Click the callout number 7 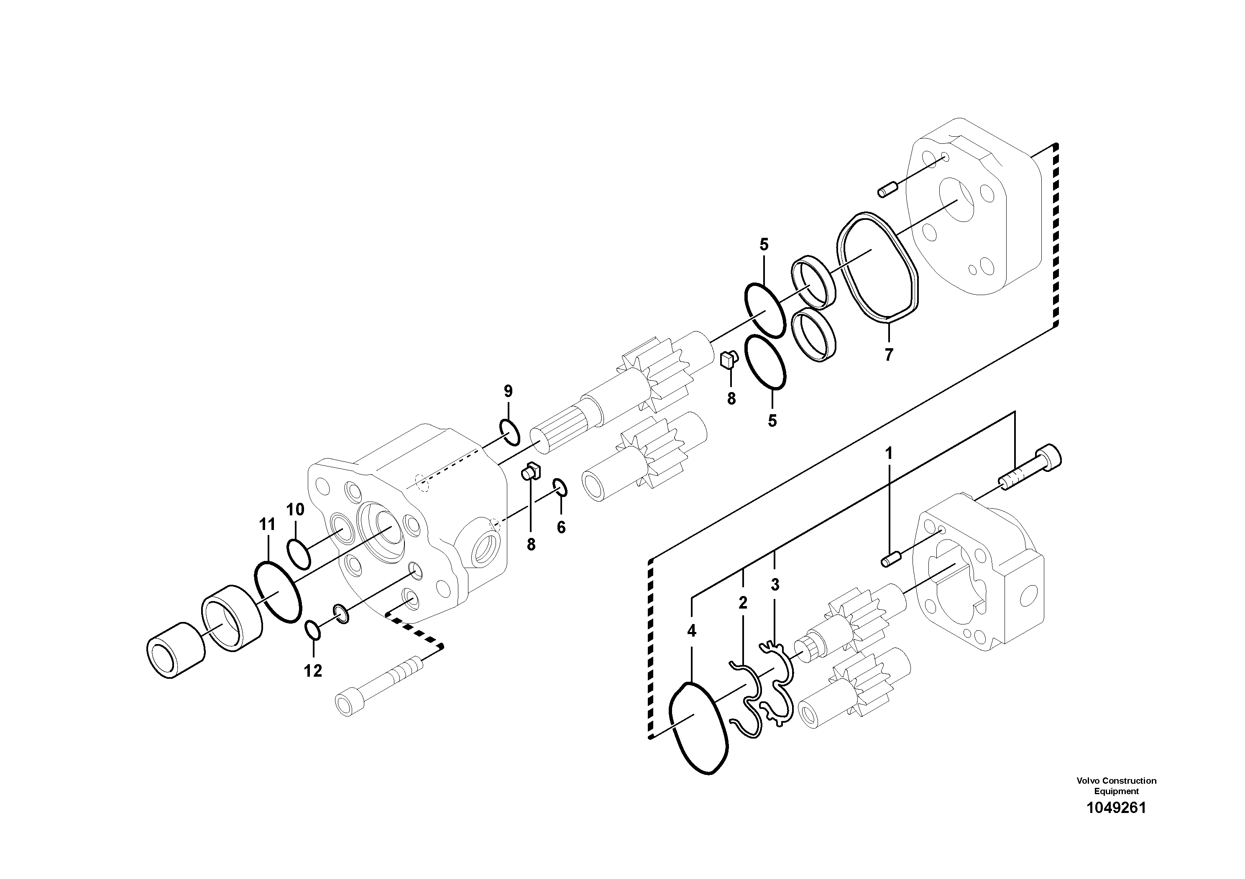click(888, 355)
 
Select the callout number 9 click(508, 391)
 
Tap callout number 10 click(296, 510)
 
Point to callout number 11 click(267, 525)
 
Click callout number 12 click(313, 671)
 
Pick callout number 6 click(561, 527)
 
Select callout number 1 click(888, 453)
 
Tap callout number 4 click(691, 631)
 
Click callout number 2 click(743, 603)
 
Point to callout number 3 click(775, 585)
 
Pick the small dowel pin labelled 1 click(890, 559)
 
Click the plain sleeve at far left click(176, 650)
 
